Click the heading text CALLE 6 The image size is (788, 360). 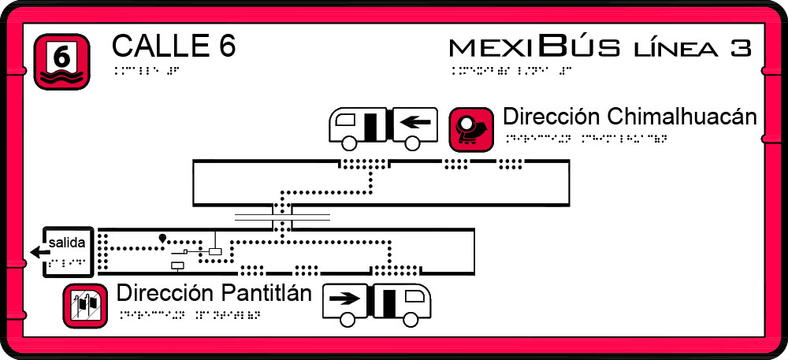[x=173, y=46]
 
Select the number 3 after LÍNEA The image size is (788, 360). [x=740, y=48]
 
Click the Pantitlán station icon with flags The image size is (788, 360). [x=85, y=306]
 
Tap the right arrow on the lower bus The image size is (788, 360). [x=344, y=299]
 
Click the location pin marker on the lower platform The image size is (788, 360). [x=162, y=237]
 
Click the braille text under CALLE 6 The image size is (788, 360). [x=147, y=70]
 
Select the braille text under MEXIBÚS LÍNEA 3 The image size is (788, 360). [x=511, y=70]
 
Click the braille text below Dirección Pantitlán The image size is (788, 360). [x=189, y=315]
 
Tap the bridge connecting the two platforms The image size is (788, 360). [x=282, y=217]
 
